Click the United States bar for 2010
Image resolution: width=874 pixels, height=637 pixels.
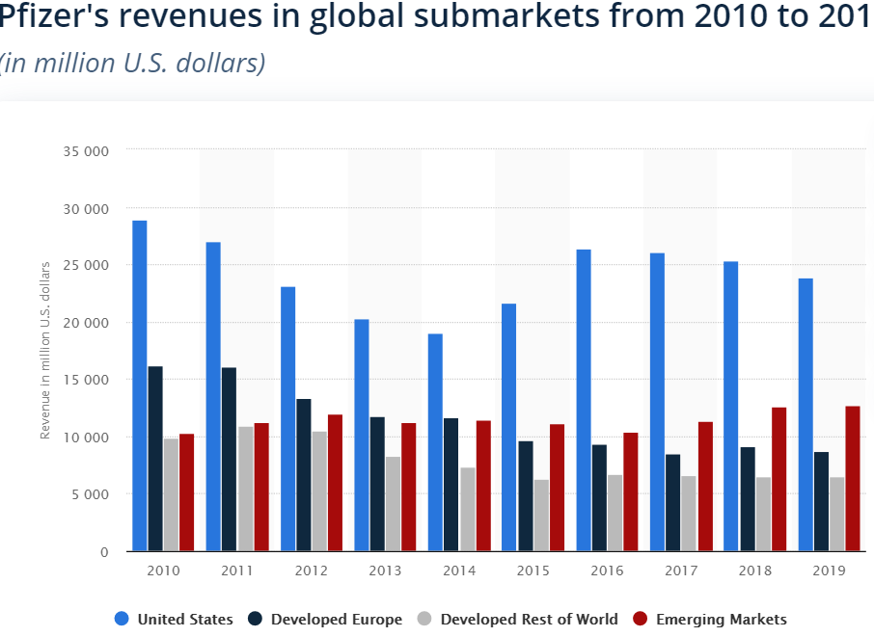(140, 385)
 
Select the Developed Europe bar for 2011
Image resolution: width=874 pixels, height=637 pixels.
(229, 459)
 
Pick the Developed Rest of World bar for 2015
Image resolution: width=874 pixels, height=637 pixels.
(541, 516)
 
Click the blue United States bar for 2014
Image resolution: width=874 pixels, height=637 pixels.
(435, 442)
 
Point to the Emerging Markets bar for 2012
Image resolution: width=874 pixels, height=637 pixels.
(335, 483)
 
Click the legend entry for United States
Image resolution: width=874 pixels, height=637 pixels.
(174, 620)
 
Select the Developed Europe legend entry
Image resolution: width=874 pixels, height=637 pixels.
(326, 620)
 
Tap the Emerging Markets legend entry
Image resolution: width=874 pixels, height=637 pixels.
(709, 620)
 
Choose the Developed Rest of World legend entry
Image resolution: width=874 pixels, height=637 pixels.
(517, 620)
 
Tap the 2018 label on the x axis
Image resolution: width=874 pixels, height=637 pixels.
(755, 571)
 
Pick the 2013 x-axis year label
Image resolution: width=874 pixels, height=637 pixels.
(385, 571)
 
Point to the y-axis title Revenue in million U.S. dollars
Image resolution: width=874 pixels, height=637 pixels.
(45, 351)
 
